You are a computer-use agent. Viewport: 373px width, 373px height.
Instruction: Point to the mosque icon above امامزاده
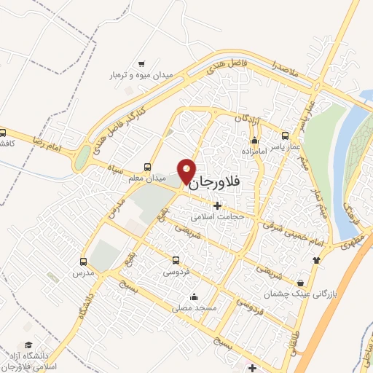coord(254,141)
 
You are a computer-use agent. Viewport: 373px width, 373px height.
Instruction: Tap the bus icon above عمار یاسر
coord(285,135)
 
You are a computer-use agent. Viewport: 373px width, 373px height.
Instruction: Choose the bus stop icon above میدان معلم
coord(148,166)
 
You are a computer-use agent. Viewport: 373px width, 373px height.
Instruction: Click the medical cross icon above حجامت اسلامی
coord(216,205)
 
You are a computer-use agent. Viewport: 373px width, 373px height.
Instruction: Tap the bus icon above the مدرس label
coord(83,261)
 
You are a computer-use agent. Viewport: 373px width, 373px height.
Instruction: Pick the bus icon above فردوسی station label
coord(176,260)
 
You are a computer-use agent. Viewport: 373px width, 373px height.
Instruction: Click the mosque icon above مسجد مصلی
coord(193,297)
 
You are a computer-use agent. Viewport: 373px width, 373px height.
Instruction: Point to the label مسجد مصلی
coord(193,308)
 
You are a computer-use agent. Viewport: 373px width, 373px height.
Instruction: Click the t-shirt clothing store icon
coord(315,260)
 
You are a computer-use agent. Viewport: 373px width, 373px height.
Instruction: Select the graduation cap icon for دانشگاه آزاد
coord(28,345)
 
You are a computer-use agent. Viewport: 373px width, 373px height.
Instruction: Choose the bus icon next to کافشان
coord(3,133)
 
